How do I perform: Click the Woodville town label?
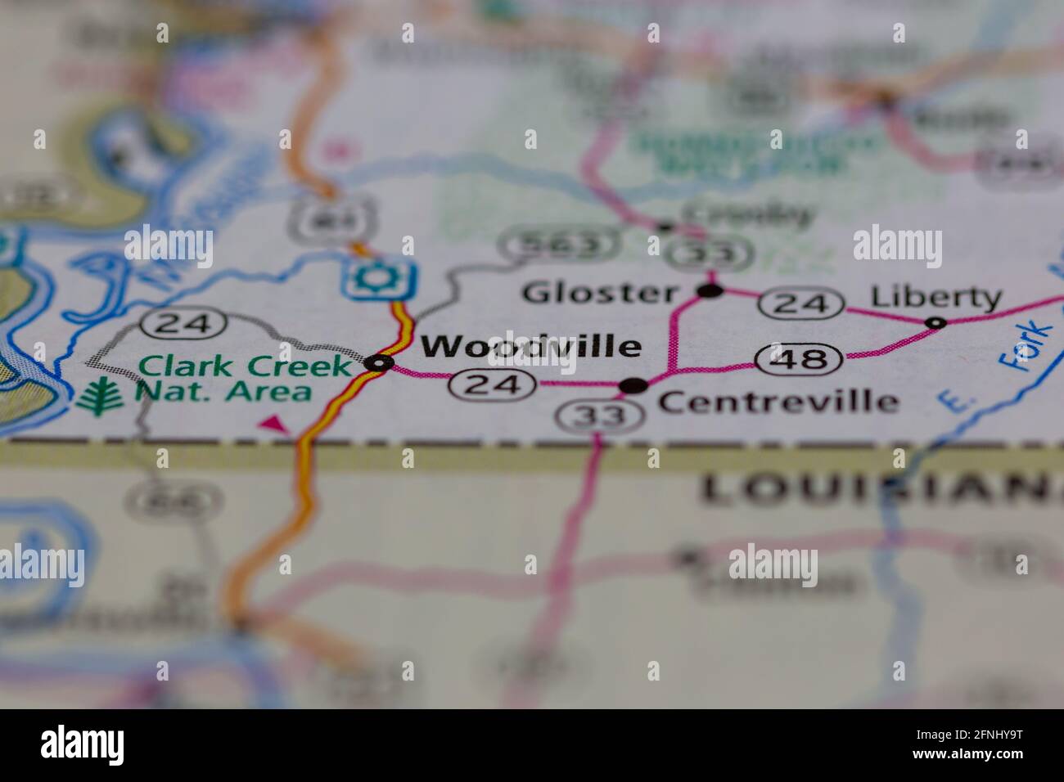[x=530, y=346]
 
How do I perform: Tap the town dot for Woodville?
[x=379, y=362]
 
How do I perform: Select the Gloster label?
[x=600, y=292]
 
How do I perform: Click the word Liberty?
[x=936, y=298]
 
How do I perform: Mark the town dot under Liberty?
[x=936, y=323]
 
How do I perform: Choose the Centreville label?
[x=778, y=402]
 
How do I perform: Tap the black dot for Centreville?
[x=633, y=385]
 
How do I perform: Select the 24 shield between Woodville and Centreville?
[x=494, y=384]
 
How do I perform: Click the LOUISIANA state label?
[x=880, y=488]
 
